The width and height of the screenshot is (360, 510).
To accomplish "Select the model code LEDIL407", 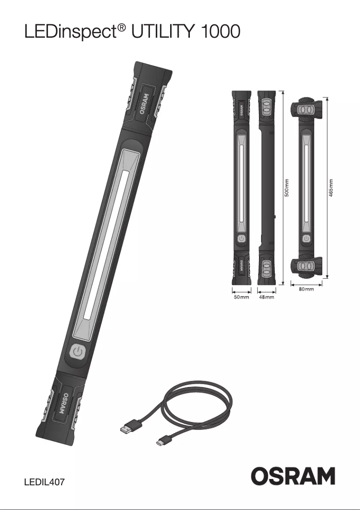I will (x=44, y=483).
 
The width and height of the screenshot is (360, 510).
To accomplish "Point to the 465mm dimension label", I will (x=331, y=188).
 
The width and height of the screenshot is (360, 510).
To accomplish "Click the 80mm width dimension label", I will (x=306, y=290).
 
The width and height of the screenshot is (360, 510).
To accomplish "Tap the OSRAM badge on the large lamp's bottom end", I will (x=63, y=404).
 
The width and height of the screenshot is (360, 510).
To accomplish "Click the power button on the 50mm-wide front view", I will (x=241, y=239).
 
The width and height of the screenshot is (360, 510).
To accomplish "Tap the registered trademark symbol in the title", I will (x=122, y=28).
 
